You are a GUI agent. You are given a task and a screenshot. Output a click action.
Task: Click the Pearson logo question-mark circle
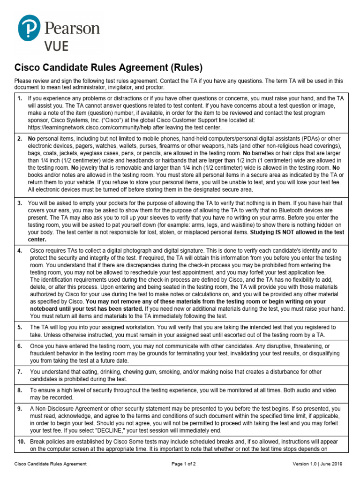(x=29, y=28)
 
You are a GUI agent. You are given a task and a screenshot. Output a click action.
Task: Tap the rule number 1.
(x=19, y=98)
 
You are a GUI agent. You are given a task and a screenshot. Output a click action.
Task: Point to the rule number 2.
(x=19, y=139)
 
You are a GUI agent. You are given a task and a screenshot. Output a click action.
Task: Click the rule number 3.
(x=19, y=203)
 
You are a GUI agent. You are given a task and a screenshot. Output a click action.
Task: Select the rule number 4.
(x=19, y=251)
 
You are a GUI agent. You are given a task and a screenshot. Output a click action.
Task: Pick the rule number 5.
(x=19, y=327)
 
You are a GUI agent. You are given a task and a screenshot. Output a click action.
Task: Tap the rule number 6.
(x=19, y=346)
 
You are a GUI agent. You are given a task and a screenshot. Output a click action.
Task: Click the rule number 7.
(x=19, y=372)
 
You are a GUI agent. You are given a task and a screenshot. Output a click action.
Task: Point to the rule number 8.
(x=19, y=390)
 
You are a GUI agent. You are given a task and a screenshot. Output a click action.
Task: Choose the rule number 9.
(x=19, y=409)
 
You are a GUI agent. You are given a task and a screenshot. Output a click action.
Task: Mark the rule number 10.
(x=21, y=442)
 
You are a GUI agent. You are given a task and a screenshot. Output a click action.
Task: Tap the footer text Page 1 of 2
(x=183, y=464)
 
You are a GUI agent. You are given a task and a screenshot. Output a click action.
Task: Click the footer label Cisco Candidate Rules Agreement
(x=50, y=464)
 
